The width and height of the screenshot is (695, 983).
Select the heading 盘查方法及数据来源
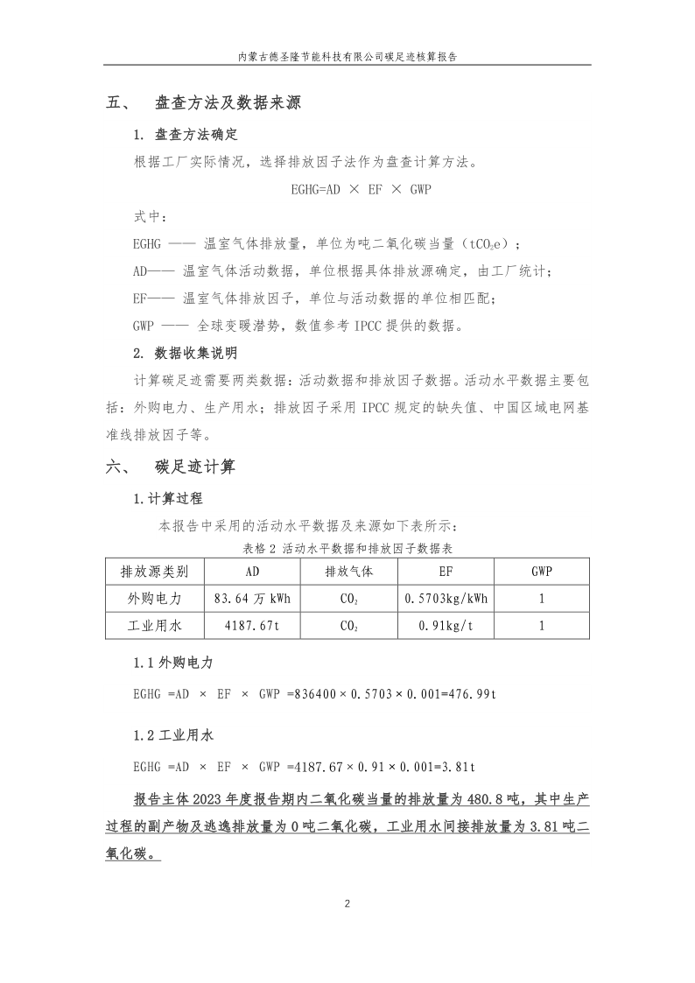tap(228, 103)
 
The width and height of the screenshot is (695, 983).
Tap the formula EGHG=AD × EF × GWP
tap(362, 188)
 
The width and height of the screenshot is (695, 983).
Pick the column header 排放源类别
tap(154, 572)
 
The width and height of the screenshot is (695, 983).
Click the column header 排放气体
tap(348, 572)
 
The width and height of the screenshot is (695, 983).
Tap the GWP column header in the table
tap(542, 572)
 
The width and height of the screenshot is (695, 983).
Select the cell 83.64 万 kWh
tap(251, 599)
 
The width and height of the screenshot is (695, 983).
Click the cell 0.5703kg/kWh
tap(446, 599)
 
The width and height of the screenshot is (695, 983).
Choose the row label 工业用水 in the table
tap(154, 626)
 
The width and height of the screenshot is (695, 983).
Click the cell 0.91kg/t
tap(446, 626)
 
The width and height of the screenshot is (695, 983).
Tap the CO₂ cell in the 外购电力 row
tap(348, 599)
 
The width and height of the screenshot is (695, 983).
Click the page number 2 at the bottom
tap(347, 903)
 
